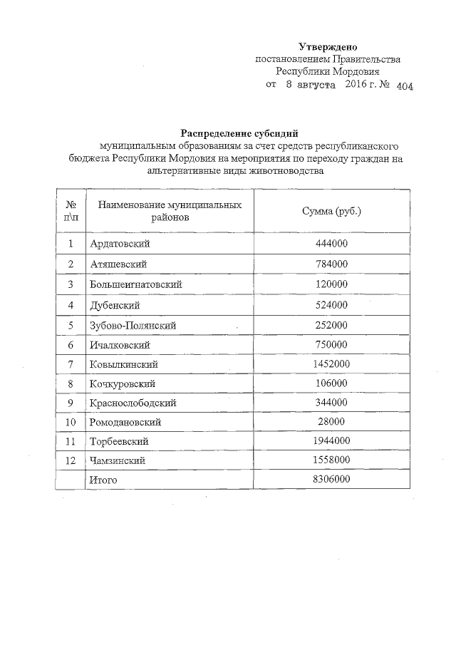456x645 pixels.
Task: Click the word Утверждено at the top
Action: coord(328,46)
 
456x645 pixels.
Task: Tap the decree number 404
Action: coord(403,86)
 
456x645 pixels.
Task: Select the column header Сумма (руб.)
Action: coord(333,212)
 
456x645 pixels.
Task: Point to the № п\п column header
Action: coord(71,212)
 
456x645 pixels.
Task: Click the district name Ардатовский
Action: coord(120,244)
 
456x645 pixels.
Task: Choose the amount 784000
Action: coord(332,264)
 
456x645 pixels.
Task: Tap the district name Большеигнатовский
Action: coord(136,284)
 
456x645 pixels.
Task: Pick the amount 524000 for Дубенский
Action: coord(332,304)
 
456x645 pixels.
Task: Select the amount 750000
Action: coord(332,344)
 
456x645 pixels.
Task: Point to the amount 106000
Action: coord(332,383)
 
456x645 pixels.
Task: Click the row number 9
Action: coord(71,403)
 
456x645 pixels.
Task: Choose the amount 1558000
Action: coord(332,461)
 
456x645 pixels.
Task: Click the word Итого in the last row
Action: coord(104,480)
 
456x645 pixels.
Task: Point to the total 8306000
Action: coord(332,480)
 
